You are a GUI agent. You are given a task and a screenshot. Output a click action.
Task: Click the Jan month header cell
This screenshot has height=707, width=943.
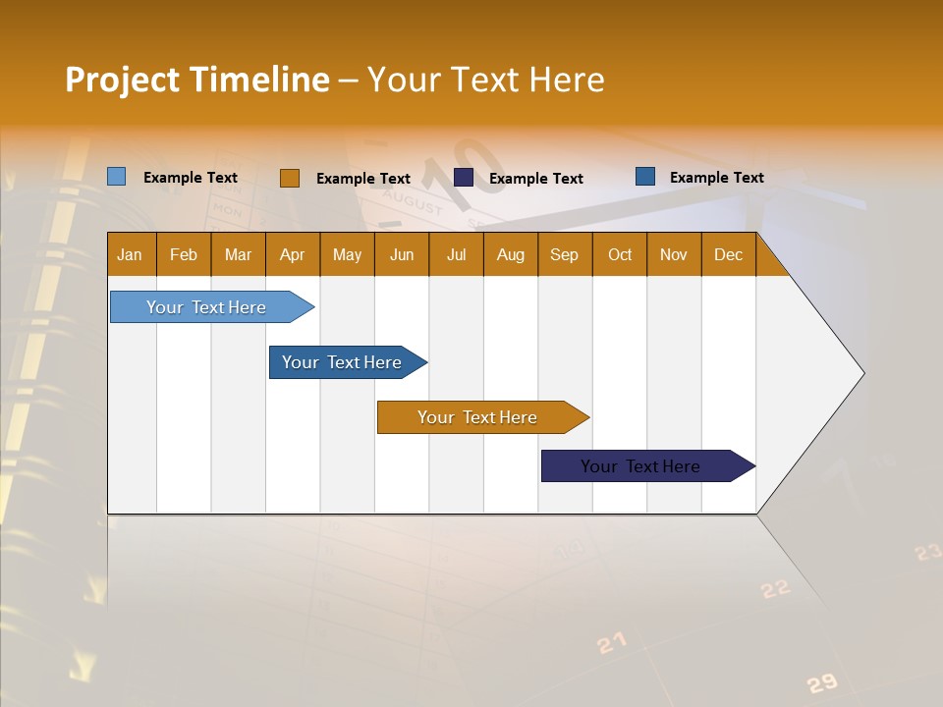131,254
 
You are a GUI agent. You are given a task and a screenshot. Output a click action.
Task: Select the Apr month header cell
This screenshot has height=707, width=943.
293,254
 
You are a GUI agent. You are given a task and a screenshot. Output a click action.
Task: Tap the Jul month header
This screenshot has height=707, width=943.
456,254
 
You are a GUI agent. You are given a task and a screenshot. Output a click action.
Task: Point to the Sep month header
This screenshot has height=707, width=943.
565,254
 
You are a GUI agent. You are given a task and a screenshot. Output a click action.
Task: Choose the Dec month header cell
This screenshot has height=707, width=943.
728,254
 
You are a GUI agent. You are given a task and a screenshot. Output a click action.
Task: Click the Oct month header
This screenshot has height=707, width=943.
620,254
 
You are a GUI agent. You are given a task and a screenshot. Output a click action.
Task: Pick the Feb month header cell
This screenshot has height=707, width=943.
184,254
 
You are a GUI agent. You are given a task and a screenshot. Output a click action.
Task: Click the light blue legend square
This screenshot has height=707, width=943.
116,177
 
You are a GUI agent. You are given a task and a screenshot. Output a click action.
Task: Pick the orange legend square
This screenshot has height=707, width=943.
290,178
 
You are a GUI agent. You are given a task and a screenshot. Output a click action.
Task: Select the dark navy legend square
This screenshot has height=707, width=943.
464,177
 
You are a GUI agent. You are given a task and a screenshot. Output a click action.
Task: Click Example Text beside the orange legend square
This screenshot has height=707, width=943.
362,179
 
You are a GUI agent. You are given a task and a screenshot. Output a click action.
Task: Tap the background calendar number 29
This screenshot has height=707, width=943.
821,683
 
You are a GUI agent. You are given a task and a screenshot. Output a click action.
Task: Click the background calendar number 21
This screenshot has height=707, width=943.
611,643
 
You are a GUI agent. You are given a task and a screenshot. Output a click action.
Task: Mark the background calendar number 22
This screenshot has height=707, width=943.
775,588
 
